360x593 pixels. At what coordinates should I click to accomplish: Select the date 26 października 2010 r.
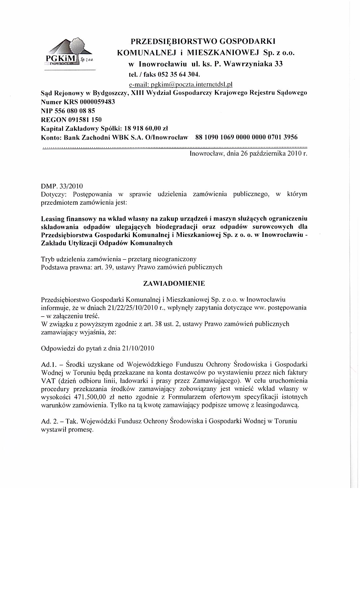point(274,154)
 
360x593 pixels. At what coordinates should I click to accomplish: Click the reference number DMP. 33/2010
point(62,186)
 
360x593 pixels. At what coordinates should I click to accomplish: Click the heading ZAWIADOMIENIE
point(174,284)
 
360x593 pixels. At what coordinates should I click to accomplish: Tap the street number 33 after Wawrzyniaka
point(278,64)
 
